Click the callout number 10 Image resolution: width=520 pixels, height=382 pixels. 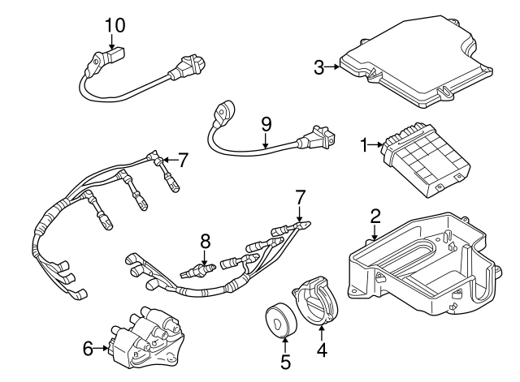115,24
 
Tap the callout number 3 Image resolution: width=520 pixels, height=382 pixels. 319,67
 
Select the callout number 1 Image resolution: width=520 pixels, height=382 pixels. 365,146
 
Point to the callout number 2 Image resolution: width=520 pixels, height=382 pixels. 375,216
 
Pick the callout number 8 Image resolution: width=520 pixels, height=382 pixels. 206,240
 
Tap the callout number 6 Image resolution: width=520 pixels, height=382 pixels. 88,350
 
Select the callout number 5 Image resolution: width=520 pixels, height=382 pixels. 285,362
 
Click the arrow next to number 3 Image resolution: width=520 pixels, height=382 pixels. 334,67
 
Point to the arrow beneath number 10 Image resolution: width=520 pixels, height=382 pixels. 115,43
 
